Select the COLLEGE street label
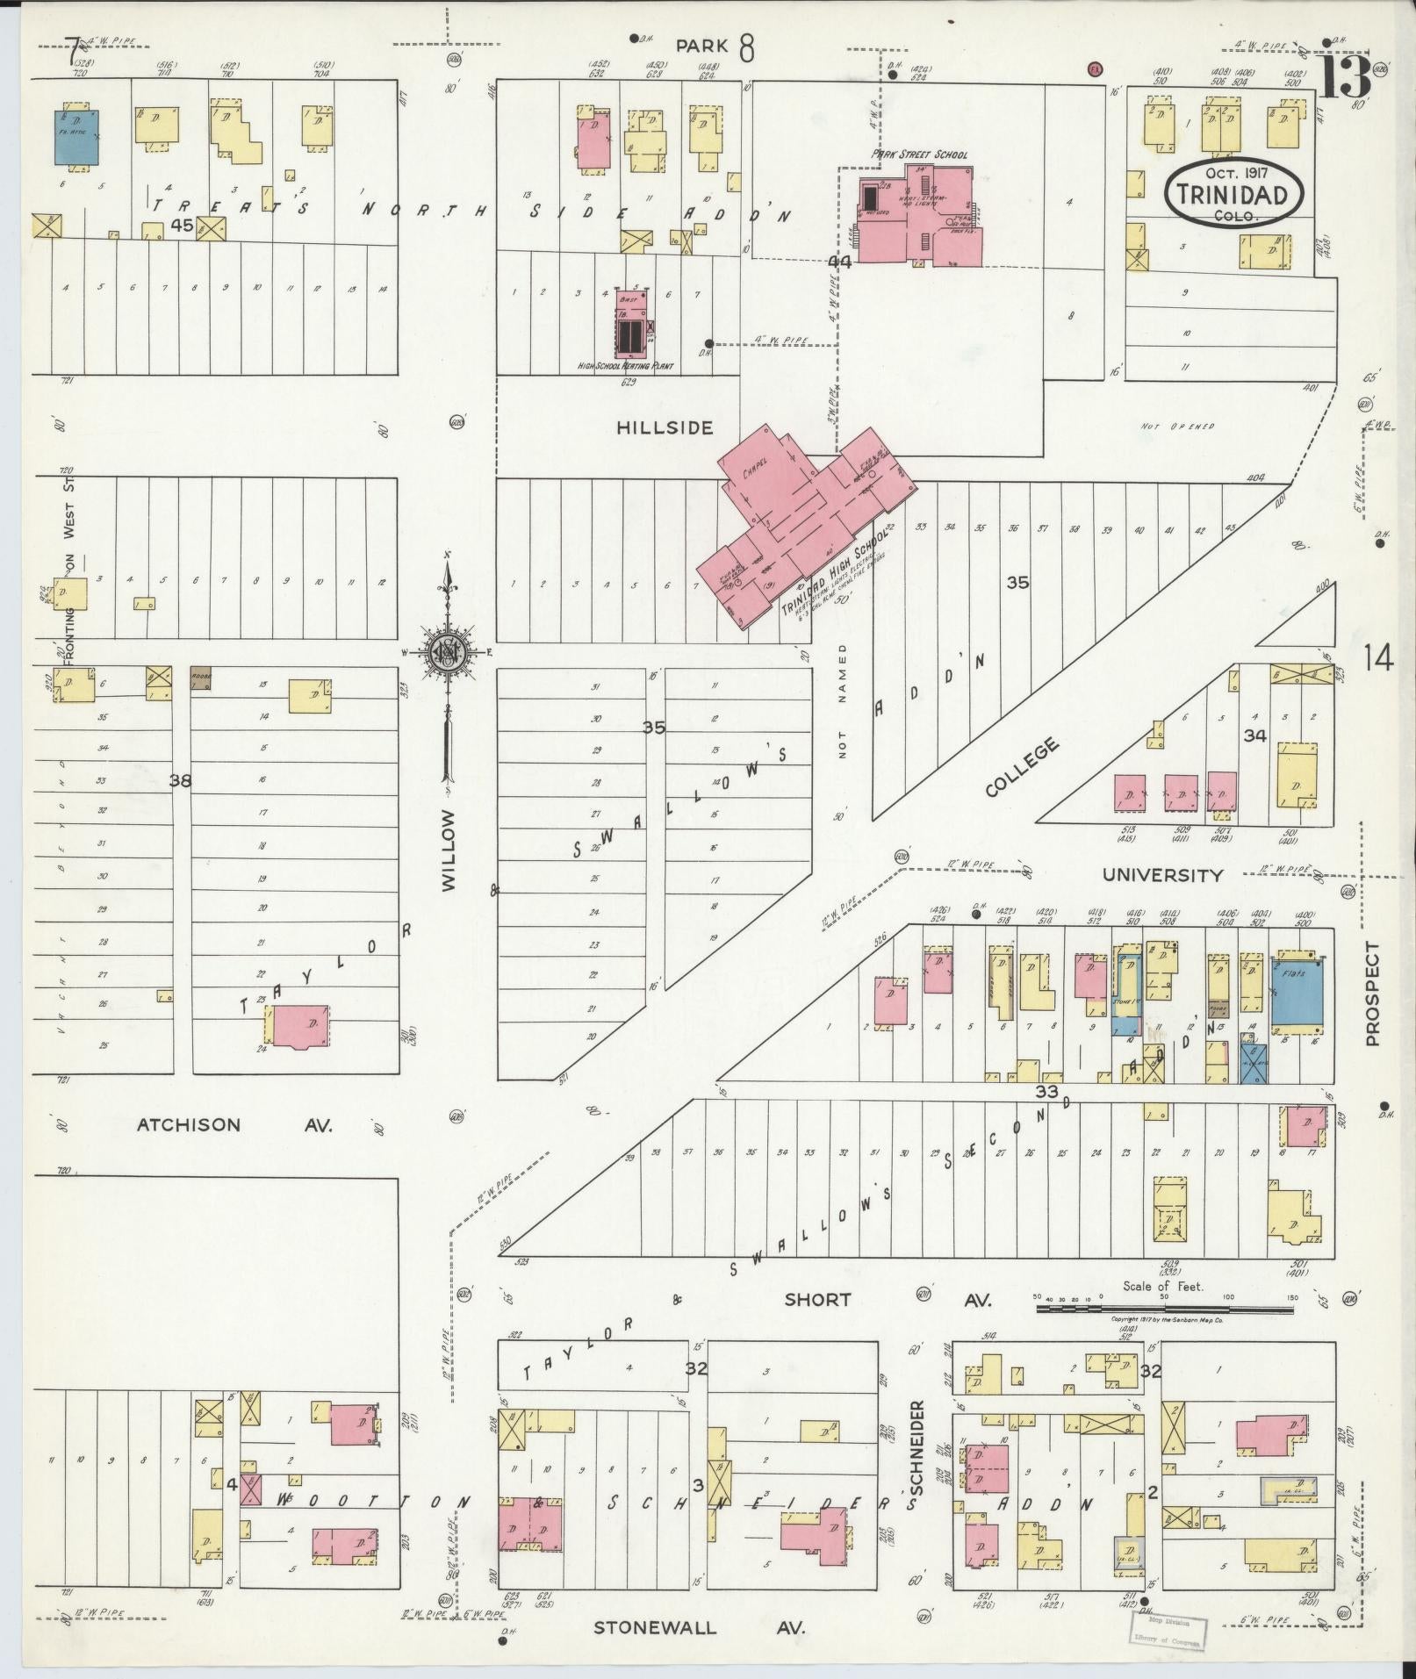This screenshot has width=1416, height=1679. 1021,768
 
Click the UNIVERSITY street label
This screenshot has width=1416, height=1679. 1162,875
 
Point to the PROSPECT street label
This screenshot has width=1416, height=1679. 1373,994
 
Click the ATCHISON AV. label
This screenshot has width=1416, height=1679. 234,1125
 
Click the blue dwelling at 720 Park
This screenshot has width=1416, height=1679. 77,137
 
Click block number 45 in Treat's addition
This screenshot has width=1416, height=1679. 182,226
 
